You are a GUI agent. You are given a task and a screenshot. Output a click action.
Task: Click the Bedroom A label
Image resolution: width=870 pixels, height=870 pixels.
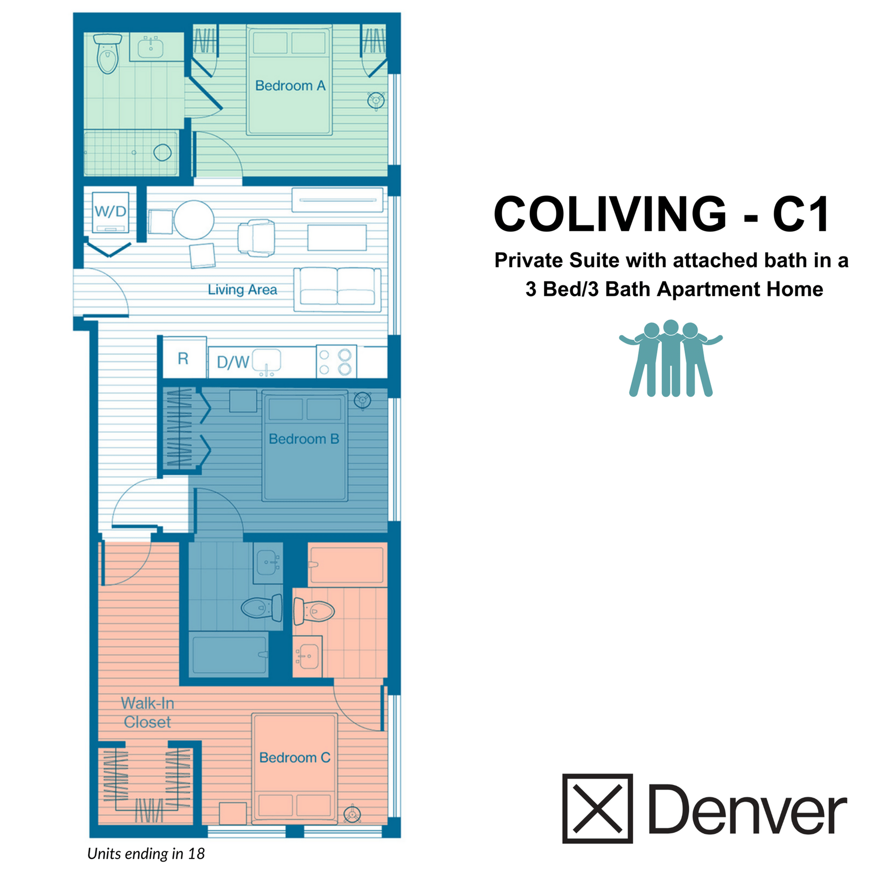click(x=290, y=85)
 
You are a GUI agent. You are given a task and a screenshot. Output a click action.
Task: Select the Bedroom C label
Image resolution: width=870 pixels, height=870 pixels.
click(x=294, y=758)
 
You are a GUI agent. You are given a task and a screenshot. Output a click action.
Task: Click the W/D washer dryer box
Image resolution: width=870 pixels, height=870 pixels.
click(x=110, y=212)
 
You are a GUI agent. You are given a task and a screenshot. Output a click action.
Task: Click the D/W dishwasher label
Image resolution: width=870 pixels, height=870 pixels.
click(x=232, y=362)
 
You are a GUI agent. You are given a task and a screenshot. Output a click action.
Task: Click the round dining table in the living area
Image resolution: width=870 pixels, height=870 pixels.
click(x=194, y=220)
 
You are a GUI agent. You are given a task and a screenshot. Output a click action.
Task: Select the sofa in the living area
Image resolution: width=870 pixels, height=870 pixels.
click(x=337, y=289)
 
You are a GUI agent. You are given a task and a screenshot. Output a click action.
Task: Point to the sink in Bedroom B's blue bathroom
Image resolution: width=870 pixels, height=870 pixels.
click(x=268, y=563)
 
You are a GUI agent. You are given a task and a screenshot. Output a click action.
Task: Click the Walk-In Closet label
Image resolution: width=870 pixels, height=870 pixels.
click(x=147, y=713)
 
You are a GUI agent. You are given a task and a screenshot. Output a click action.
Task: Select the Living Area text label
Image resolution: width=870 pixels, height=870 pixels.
click(x=242, y=290)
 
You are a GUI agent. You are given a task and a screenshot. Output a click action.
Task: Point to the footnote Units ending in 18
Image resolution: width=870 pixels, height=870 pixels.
click(x=146, y=853)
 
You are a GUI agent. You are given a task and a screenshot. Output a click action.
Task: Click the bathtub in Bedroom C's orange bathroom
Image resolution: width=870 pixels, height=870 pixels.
click(x=347, y=564)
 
